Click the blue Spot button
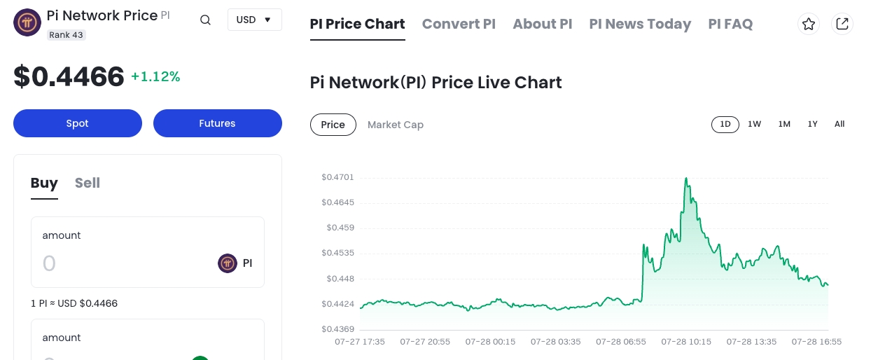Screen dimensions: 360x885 click(77, 123)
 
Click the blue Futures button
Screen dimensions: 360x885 click(217, 123)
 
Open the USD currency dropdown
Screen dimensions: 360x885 click(254, 20)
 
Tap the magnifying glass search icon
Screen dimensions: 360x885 click(205, 20)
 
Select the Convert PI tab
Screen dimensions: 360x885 click(459, 24)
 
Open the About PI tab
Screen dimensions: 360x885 click(542, 24)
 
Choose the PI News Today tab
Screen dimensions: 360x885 click(640, 24)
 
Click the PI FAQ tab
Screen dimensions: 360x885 click(730, 24)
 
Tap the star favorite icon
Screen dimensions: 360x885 click(809, 24)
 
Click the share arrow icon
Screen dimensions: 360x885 click(842, 24)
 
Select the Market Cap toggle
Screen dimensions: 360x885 click(396, 125)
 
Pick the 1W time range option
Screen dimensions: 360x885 click(754, 124)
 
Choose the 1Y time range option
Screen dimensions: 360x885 click(812, 124)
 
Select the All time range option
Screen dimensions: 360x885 click(839, 124)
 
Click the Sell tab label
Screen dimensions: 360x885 click(88, 183)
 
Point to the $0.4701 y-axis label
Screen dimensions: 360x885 click(337, 177)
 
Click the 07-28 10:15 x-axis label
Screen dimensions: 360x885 click(686, 342)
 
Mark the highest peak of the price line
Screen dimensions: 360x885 click(686, 179)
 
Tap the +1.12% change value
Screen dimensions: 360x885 click(155, 77)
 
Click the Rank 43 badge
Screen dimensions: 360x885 click(67, 34)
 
